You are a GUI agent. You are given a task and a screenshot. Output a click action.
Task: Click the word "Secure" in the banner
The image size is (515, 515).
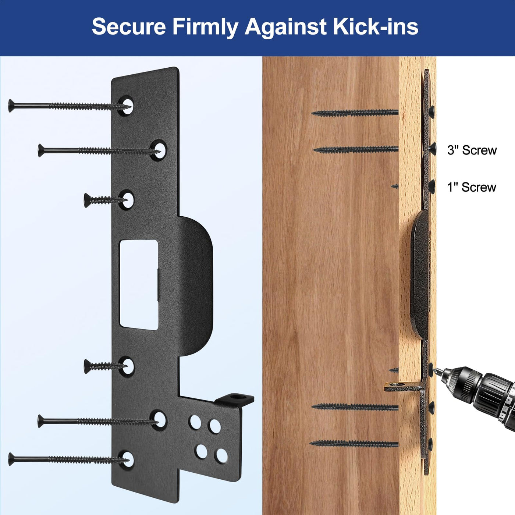pyautogui.click(x=129, y=27)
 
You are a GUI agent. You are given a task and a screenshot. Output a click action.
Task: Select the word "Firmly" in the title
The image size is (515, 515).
pyautogui.click(x=205, y=28)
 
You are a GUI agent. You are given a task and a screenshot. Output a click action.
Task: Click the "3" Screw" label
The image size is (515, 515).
pyautogui.click(x=472, y=150)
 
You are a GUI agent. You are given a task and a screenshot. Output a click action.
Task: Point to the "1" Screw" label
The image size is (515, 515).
pyautogui.click(x=472, y=187)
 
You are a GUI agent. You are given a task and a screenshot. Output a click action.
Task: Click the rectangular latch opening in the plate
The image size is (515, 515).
pyautogui.click(x=139, y=285)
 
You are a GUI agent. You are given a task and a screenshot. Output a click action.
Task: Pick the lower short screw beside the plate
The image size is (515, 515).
pyautogui.click(x=105, y=366)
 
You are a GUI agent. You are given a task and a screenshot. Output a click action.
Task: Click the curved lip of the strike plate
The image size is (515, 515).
pyautogui.click(x=196, y=286)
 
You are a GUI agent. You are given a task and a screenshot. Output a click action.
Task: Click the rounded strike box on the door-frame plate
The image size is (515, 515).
pyautogui.click(x=421, y=275)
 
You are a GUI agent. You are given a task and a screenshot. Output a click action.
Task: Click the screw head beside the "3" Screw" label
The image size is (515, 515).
pyautogui.click(x=433, y=149)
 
